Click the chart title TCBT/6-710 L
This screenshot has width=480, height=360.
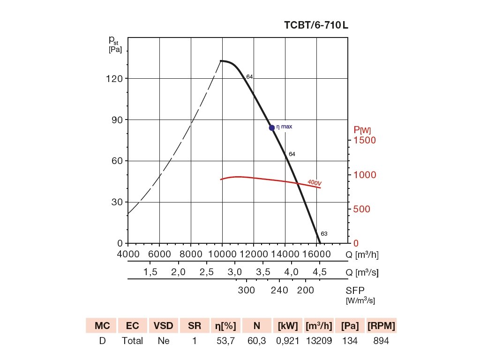316,25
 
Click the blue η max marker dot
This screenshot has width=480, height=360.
272,127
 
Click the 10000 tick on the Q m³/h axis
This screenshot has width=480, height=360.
222,254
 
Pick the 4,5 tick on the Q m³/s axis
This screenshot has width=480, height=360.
320,272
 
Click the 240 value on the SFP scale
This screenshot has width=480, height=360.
279,290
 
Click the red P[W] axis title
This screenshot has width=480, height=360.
362,130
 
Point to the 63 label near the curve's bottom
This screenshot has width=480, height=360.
324,233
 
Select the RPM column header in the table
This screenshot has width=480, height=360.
381,326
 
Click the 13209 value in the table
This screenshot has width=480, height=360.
319,341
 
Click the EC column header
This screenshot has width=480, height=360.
132,326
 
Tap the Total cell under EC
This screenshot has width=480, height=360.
132,341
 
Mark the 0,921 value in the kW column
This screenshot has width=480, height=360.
288,341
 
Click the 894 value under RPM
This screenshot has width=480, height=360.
381,341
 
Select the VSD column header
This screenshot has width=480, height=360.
163,326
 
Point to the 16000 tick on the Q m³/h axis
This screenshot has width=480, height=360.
317,254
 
